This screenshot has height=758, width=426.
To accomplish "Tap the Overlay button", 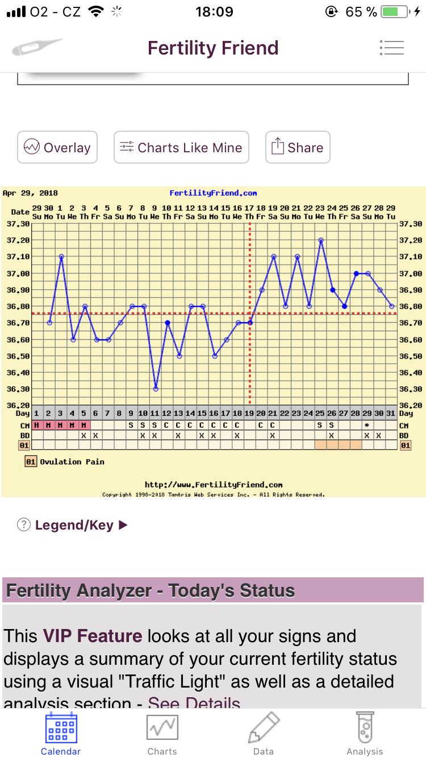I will (x=57, y=148).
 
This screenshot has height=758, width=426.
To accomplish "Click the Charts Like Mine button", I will (x=182, y=148).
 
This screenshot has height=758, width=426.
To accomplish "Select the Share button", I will (x=298, y=148).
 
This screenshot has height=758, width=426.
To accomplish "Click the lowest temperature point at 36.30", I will (x=156, y=389).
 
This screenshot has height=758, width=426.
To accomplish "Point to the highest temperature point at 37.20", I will (x=321, y=240).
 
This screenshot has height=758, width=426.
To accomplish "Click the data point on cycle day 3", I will (x=61, y=256).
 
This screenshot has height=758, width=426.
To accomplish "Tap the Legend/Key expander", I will (x=74, y=525).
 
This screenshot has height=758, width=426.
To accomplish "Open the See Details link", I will (x=193, y=703).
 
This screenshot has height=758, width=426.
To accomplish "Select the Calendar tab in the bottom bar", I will (x=61, y=734).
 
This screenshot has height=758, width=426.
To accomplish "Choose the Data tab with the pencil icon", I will (x=264, y=734).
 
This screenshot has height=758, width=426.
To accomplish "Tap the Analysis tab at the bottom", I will (x=365, y=734).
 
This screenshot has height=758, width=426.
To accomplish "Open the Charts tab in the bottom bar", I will (x=162, y=734).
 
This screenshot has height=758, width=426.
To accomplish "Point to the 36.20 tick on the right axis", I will (x=410, y=405).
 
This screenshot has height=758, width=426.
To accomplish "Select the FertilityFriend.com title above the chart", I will (x=213, y=193).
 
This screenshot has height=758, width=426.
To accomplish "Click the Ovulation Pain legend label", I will (x=72, y=462).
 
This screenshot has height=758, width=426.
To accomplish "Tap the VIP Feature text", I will (x=92, y=636).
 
